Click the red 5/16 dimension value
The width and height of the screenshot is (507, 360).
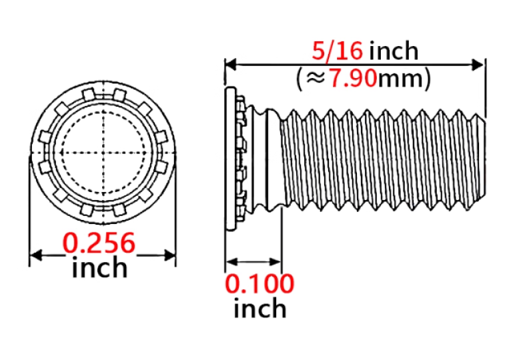(x=338, y=51)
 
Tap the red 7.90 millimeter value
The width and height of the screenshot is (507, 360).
(x=353, y=79)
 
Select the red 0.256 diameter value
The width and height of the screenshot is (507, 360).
(x=99, y=243)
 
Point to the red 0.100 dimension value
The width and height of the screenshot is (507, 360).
(x=260, y=284)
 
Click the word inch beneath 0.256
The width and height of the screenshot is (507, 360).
(x=99, y=267)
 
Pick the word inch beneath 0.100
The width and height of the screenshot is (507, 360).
(x=260, y=308)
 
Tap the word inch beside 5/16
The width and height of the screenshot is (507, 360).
(x=394, y=51)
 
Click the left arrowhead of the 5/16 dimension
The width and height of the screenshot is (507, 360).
(x=230, y=64)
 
